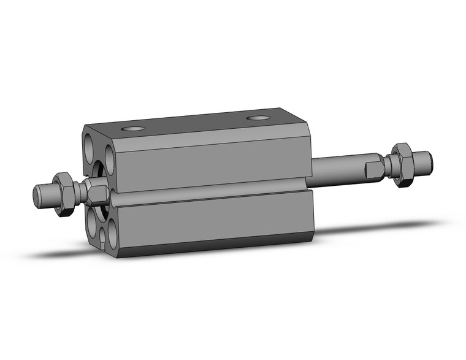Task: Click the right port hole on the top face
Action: click(258, 118)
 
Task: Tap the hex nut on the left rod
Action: click(63, 193)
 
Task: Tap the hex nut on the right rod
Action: click(402, 164)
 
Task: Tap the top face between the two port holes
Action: click(196, 123)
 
